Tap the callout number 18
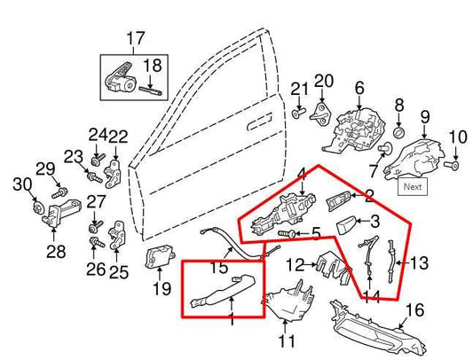[x=154, y=65]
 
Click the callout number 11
[x=286, y=340]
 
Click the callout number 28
[x=56, y=253]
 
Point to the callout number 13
[x=420, y=262]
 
